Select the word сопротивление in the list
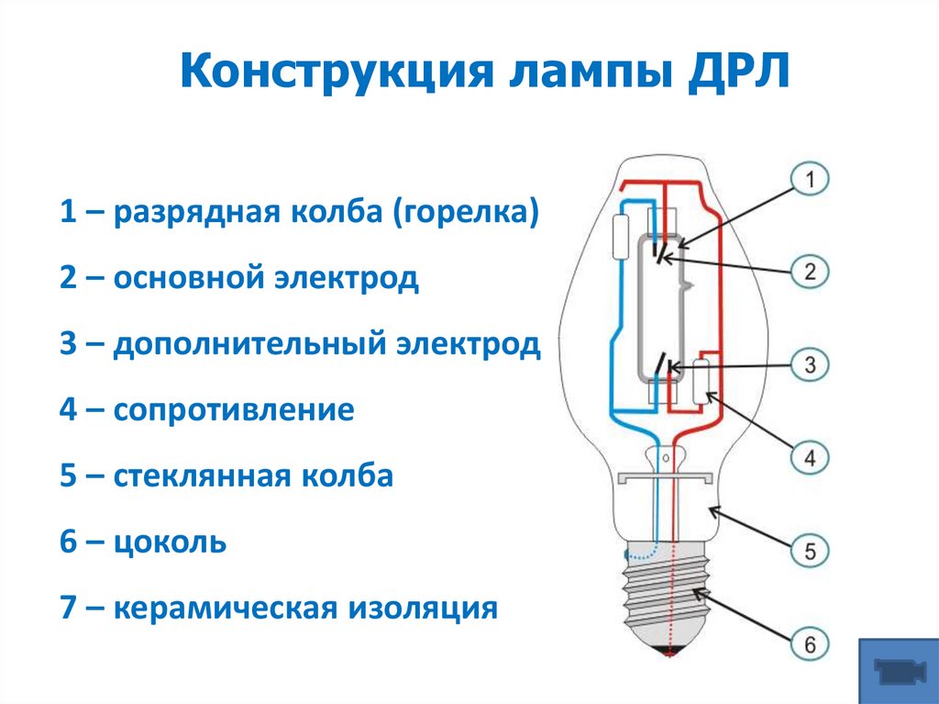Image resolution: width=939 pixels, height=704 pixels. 234,409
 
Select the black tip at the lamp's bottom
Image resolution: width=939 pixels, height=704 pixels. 668,653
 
